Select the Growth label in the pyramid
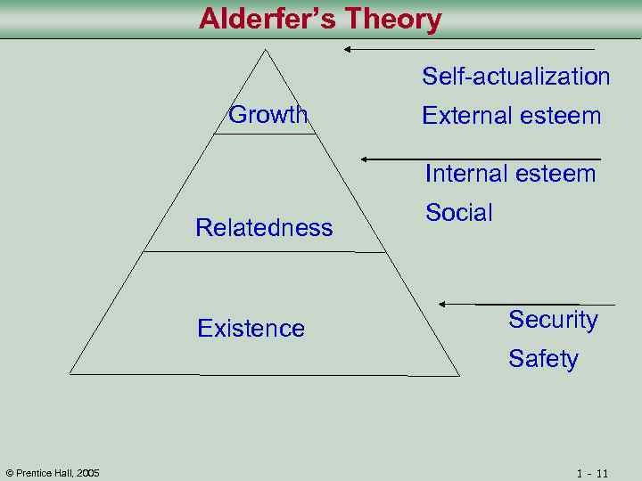click(267, 115)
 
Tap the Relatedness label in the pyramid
click(264, 228)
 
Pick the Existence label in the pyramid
click(251, 329)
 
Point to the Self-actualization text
click(515, 77)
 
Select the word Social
click(458, 213)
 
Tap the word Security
click(553, 320)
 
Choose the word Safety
click(543, 359)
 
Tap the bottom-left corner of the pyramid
click(70, 374)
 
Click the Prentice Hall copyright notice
click(53, 472)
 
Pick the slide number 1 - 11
click(592, 473)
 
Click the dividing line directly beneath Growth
click(265, 134)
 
